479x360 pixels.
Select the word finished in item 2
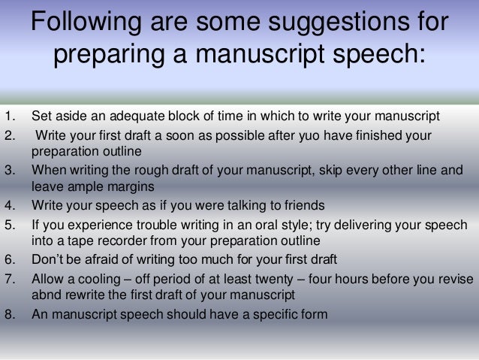click(x=379, y=135)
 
